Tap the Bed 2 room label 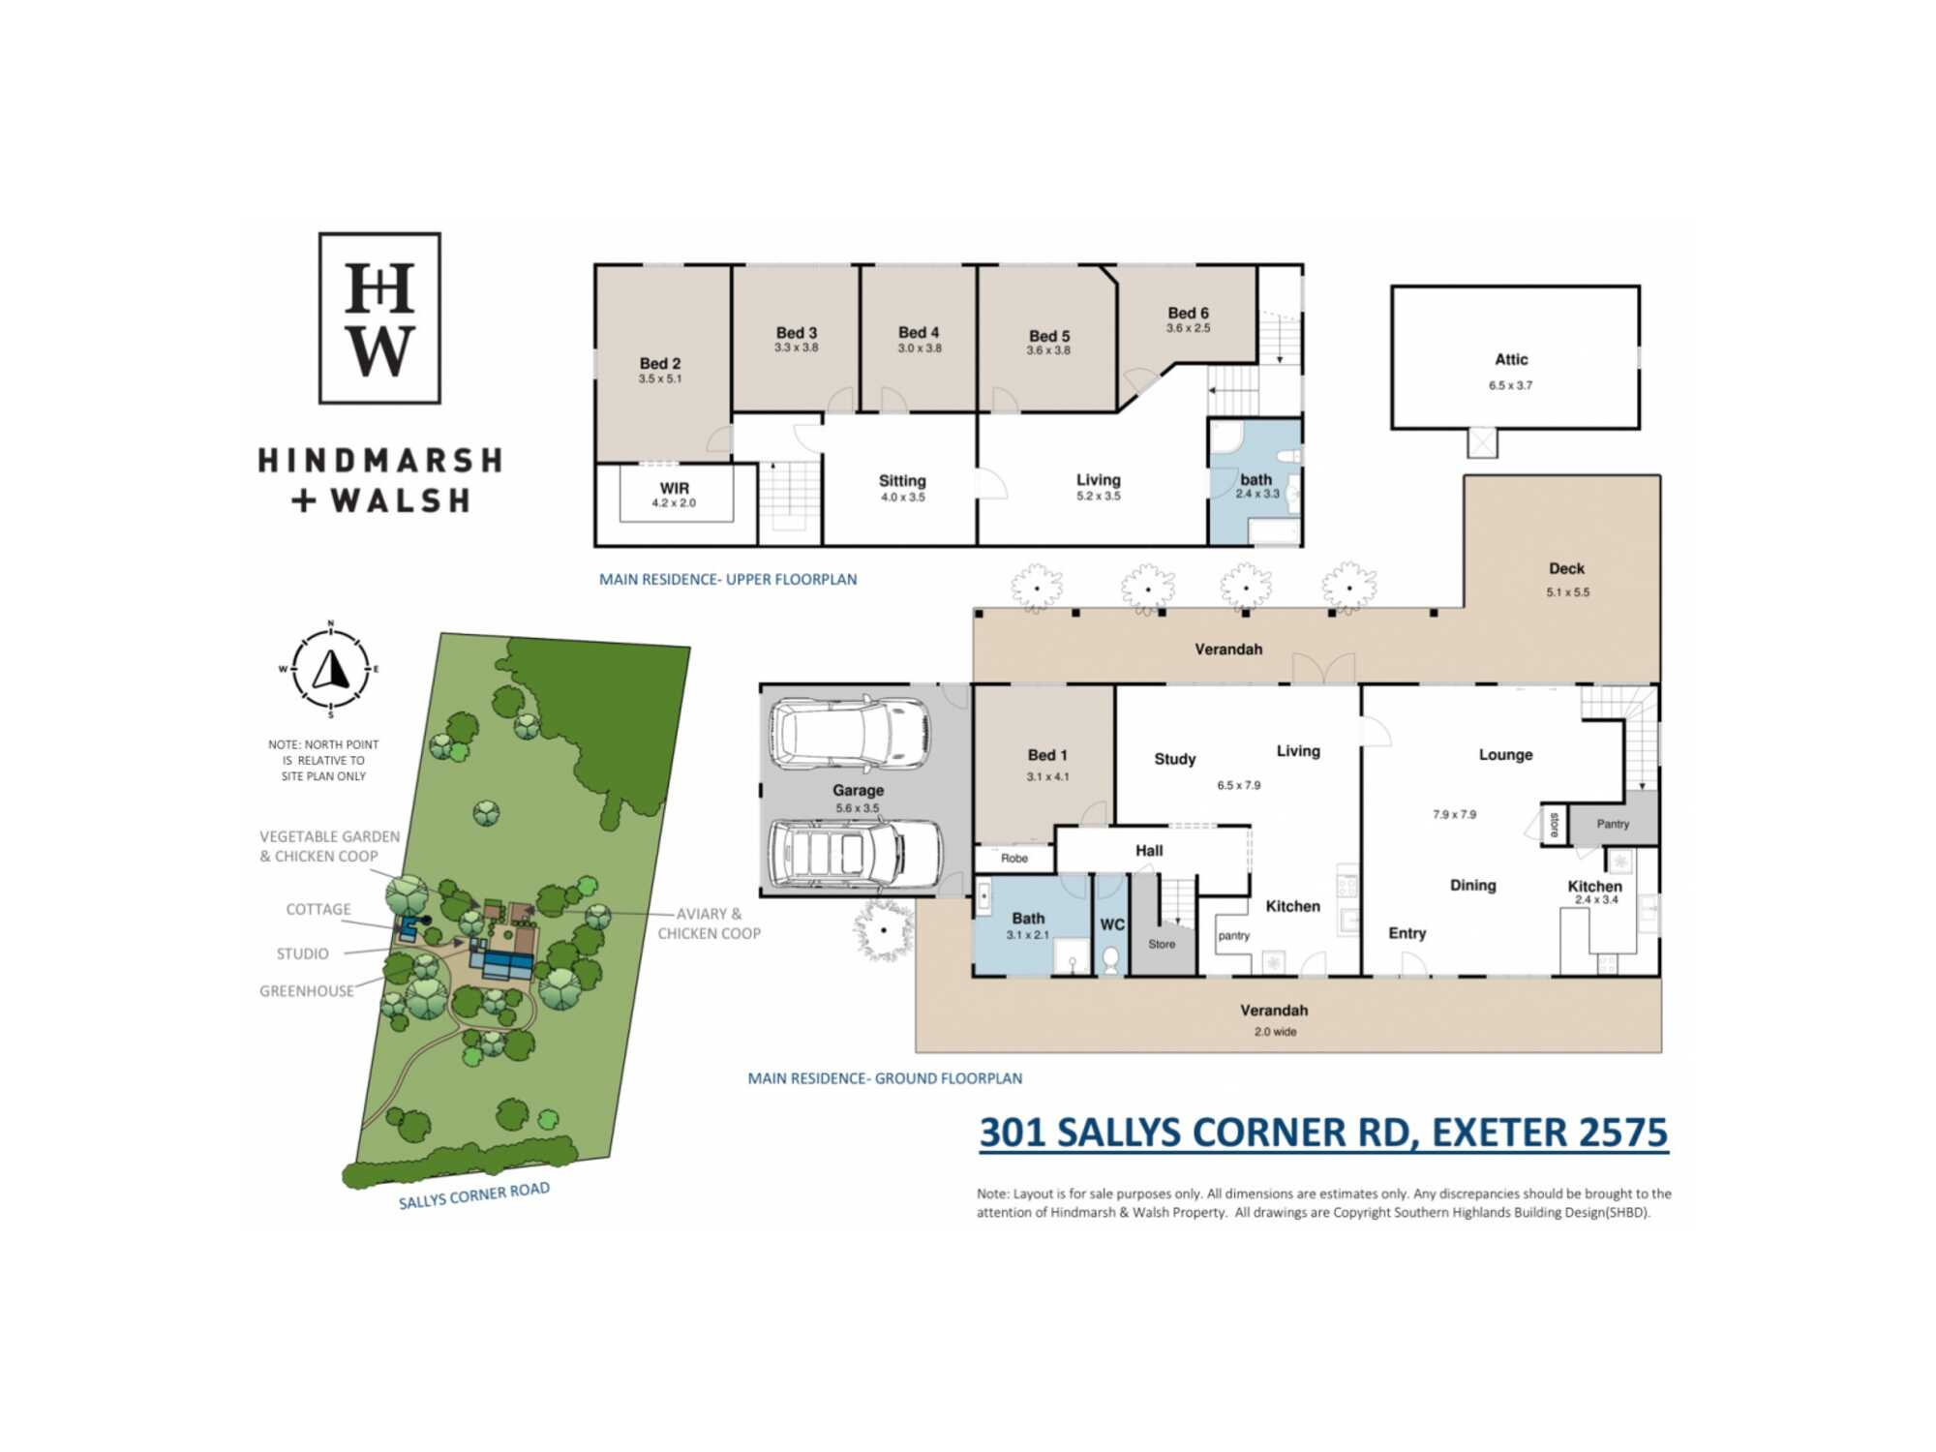tap(660, 363)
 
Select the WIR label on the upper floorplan tap(675, 488)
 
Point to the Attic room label tap(1511, 359)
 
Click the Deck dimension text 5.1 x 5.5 tap(1567, 592)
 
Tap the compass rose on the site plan tap(330, 669)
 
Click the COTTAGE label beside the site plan tap(318, 909)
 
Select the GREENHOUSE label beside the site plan tap(307, 991)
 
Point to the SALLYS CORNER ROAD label tap(474, 1195)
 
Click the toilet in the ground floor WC tap(1111, 959)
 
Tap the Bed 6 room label tap(1188, 313)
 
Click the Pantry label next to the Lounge tap(1613, 824)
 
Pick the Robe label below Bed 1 tap(1014, 859)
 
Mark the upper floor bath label tap(1256, 479)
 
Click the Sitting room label tap(902, 481)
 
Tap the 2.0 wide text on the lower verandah tap(1276, 1032)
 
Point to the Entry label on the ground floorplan tap(1407, 933)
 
